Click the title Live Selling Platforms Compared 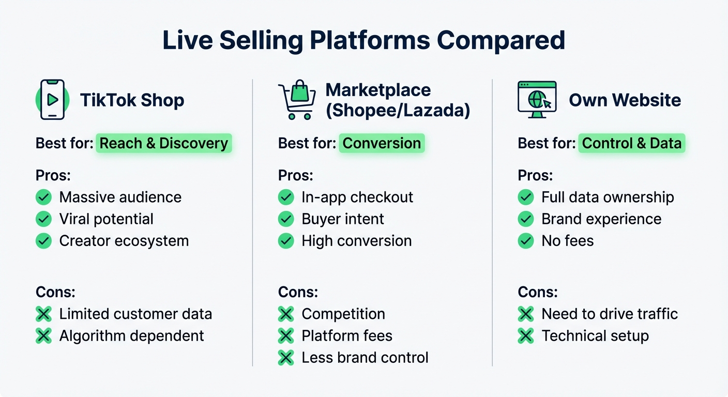pyautogui.click(x=363, y=40)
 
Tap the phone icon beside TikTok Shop pyautogui.click(x=52, y=100)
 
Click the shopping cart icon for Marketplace pyautogui.click(x=297, y=100)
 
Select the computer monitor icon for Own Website pyautogui.click(x=537, y=99)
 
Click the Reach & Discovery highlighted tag pyautogui.click(x=163, y=143)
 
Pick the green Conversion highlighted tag pyautogui.click(x=382, y=143)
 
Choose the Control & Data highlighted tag pyautogui.click(x=631, y=143)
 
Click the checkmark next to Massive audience pyautogui.click(x=43, y=197)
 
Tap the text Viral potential pyautogui.click(x=106, y=219)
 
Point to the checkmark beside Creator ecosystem pyautogui.click(x=43, y=240)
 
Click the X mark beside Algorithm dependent pyautogui.click(x=43, y=335)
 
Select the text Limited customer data pyautogui.click(x=135, y=314)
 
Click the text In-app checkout pyautogui.click(x=357, y=197)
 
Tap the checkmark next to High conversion pyautogui.click(x=286, y=240)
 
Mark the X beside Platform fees pyautogui.click(x=286, y=335)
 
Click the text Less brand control pyautogui.click(x=365, y=357)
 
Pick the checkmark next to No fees pyautogui.click(x=526, y=240)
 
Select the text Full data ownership pyautogui.click(x=608, y=197)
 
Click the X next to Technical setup pyautogui.click(x=526, y=335)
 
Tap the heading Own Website pyautogui.click(x=625, y=100)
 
